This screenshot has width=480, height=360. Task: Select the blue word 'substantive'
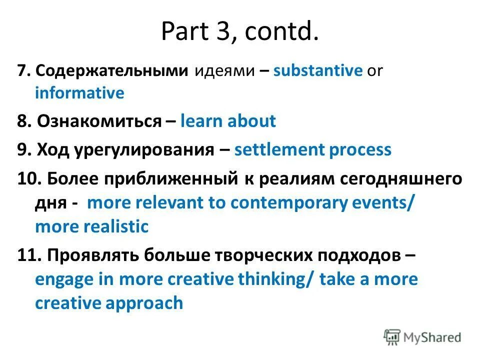point(317,70)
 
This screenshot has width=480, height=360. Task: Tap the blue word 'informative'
point(79,93)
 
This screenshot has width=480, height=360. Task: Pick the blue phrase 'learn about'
point(228,121)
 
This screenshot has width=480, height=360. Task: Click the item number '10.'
point(27,179)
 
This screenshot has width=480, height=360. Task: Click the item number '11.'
point(27,255)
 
